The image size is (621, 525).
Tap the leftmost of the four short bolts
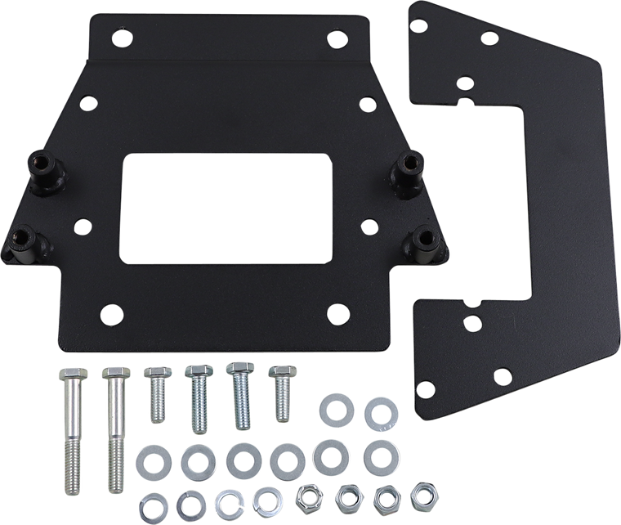154,393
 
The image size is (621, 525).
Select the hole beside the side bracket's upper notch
462,83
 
